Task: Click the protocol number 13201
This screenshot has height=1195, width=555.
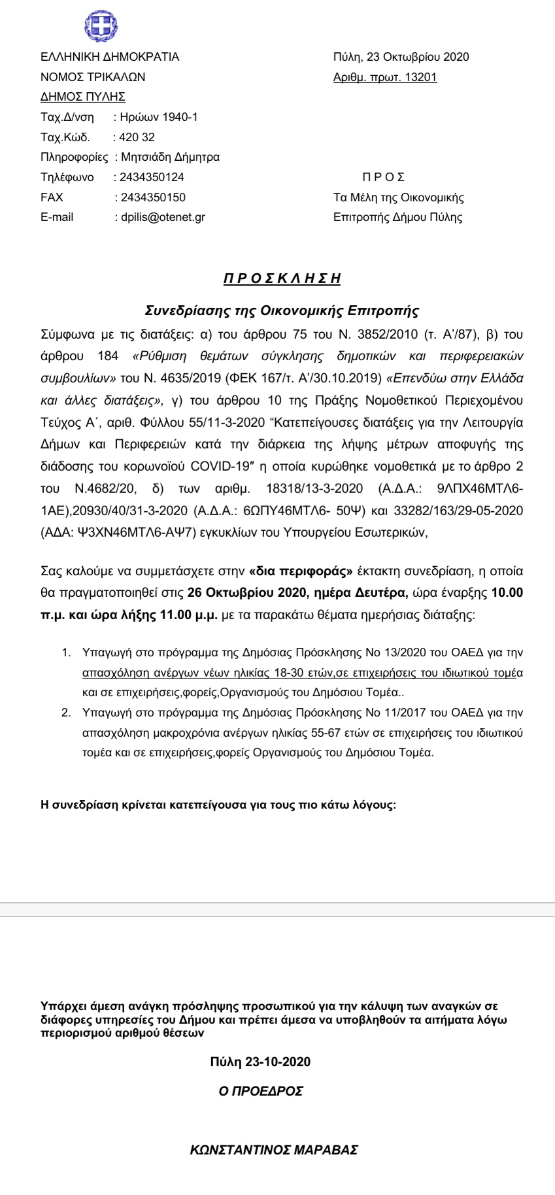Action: (x=421, y=77)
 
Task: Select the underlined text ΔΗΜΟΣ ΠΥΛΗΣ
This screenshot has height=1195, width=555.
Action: (x=82, y=97)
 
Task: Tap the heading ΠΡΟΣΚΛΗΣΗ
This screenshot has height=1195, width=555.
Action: (x=282, y=279)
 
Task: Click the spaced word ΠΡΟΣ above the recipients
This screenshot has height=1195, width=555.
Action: (x=383, y=177)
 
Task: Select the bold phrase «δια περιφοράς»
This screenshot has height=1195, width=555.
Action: (x=301, y=571)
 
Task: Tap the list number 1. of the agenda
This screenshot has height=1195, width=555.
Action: (x=65, y=652)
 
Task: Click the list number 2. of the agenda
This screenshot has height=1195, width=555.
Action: (x=65, y=713)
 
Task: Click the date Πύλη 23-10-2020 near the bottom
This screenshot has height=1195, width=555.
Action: (x=260, y=1062)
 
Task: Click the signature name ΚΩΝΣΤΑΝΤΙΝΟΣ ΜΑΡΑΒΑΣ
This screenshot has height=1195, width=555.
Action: (x=274, y=1151)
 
